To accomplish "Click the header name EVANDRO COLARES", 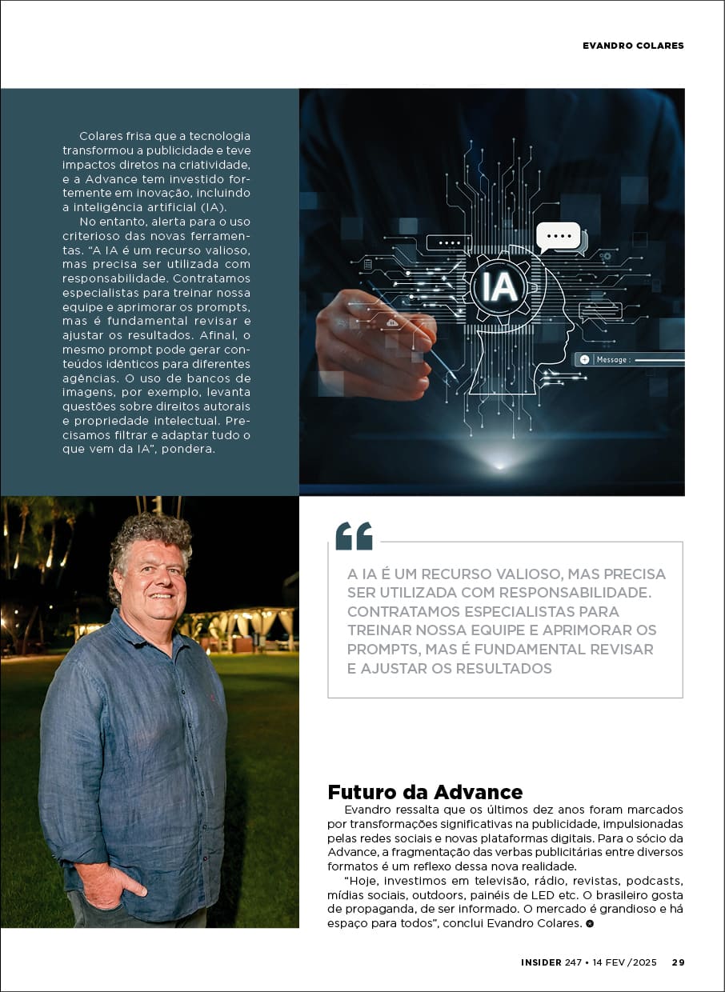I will [633, 46].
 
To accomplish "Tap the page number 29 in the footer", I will [678, 962].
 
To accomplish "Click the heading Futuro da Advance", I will [425, 792].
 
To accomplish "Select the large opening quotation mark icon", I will [354, 536].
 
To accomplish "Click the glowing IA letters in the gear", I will [500, 286].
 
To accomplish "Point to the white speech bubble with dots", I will [559, 236].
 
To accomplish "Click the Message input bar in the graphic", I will [630, 360].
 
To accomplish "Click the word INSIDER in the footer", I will [541, 962].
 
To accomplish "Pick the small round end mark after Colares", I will [590, 924].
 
